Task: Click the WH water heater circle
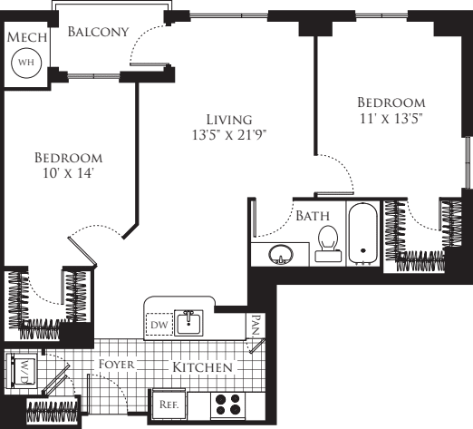click(25, 63)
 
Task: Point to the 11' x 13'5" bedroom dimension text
click(391, 118)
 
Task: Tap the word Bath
click(312, 216)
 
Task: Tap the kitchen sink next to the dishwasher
click(190, 321)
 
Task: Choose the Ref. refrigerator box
click(168, 405)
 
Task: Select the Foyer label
click(117, 365)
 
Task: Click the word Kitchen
click(202, 367)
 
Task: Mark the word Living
click(227, 120)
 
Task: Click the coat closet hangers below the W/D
click(51, 410)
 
